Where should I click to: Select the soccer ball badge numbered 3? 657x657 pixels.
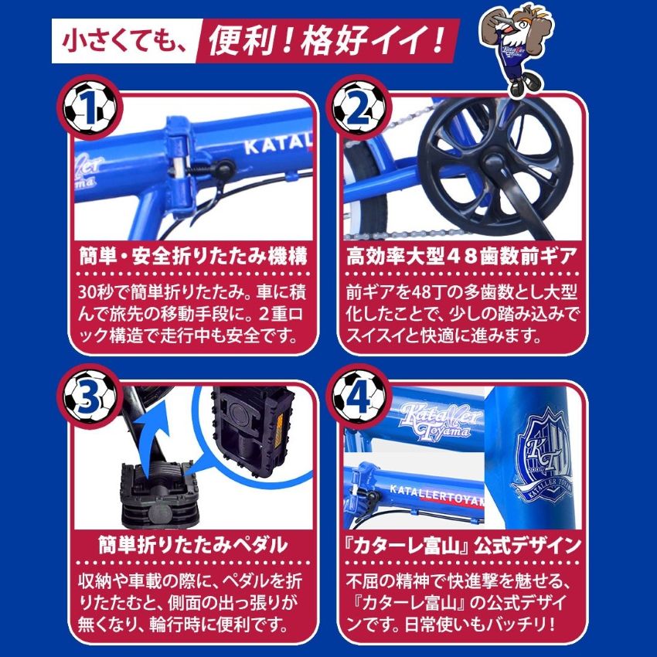point(89,397)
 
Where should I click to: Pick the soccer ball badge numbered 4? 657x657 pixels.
point(358,397)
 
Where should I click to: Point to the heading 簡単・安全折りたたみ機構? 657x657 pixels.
point(192,256)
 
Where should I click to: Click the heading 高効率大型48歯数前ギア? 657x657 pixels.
point(461,256)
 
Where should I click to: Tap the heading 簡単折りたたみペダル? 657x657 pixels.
point(192,545)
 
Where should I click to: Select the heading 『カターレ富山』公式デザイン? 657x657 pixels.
point(461,545)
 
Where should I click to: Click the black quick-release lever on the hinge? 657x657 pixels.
point(218,170)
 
